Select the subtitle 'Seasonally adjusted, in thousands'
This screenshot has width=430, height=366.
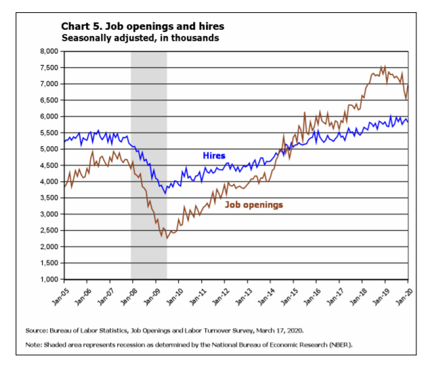[140, 38]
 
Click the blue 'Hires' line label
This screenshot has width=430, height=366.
[214, 156]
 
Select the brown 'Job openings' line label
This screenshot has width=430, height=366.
[254, 204]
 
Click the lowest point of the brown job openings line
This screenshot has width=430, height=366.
[167, 238]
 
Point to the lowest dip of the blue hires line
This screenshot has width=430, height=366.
[166, 193]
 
